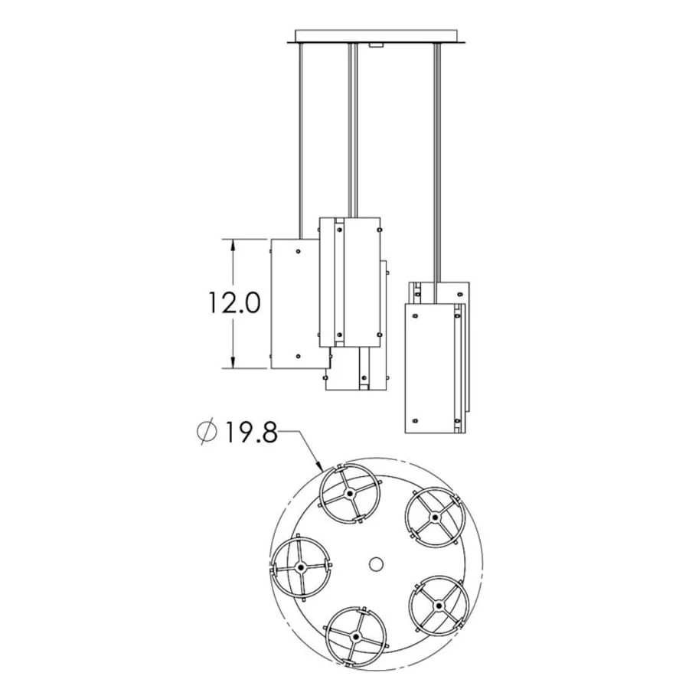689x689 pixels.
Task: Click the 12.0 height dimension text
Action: coord(234,302)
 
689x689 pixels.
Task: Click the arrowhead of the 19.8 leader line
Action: coord(319,465)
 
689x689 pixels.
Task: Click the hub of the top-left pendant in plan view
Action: coord(349,494)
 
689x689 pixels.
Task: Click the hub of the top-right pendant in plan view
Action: coord(435,518)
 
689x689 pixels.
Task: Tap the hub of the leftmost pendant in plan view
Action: coord(301,568)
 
